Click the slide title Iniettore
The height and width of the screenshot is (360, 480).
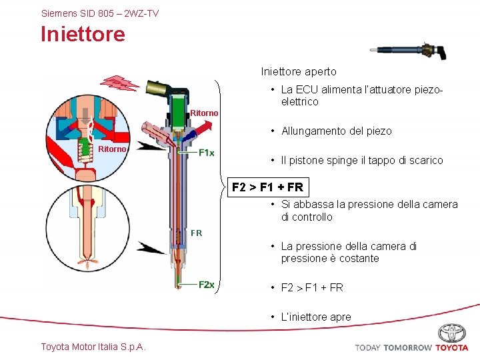[x=83, y=34]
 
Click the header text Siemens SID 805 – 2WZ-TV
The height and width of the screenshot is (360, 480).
[x=100, y=13]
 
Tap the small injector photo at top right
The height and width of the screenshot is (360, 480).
[x=406, y=51]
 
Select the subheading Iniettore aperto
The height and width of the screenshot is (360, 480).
[x=299, y=71]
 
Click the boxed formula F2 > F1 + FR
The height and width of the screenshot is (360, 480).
[x=267, y=187]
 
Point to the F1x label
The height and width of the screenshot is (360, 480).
[x=207, y=153]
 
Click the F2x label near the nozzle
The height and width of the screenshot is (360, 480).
[x=207, y=285]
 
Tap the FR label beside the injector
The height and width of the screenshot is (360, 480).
[x=196, y=233]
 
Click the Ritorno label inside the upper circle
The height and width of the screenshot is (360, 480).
[x=112, y=149]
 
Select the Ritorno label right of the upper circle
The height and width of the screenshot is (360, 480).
[x=204, y=113]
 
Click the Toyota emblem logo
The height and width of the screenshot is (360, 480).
[x=452, y=333]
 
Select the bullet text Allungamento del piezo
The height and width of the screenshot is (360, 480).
[x=336, y=131]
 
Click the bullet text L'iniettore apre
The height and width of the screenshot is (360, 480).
[x=315, y=317]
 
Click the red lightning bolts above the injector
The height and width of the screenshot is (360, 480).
[x=120, y=83]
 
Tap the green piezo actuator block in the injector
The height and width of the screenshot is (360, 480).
[x=178, y=109]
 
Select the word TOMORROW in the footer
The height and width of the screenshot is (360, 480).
[x=407, y=347]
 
